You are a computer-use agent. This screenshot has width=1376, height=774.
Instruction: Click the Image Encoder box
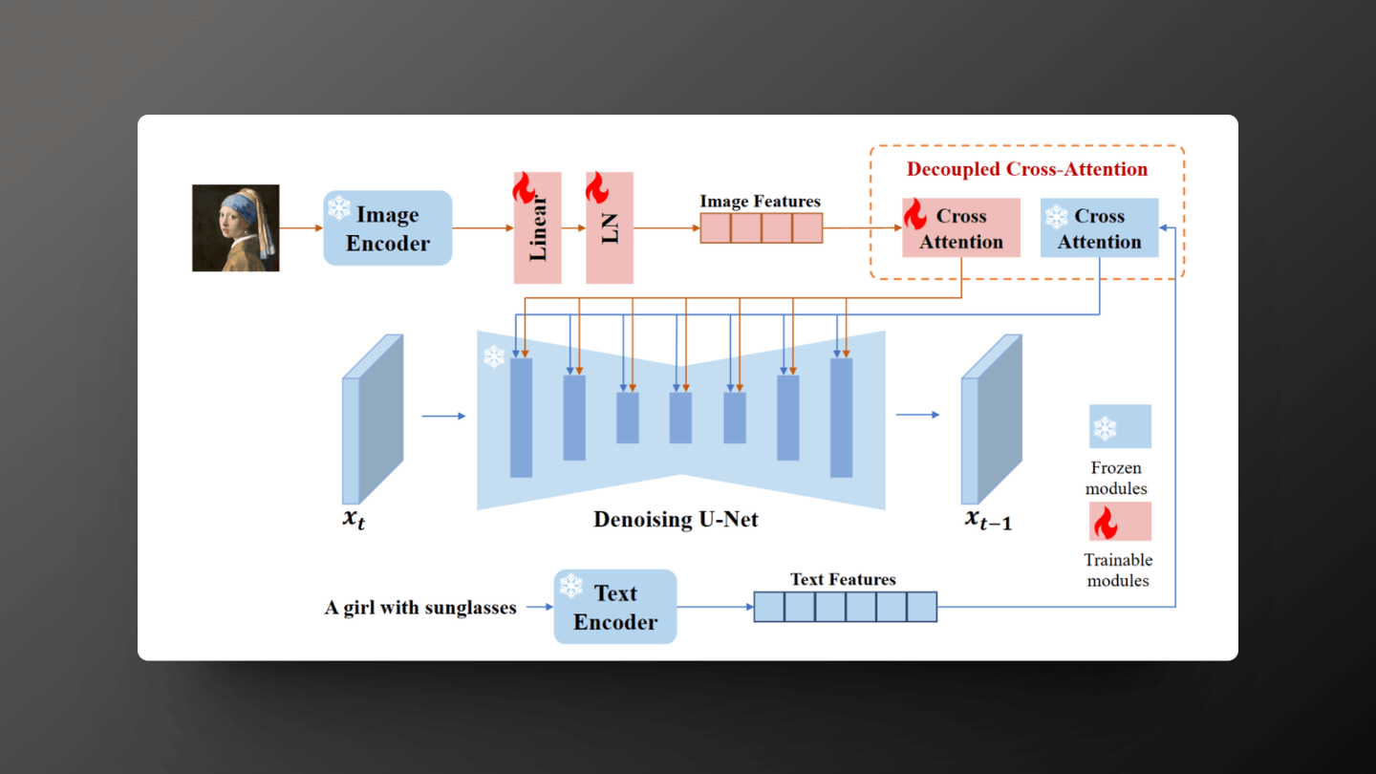[x=387, y=228]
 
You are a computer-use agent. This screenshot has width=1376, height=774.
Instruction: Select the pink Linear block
[x=538, y=228]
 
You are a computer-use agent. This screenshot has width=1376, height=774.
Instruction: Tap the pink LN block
[x=610, y=228]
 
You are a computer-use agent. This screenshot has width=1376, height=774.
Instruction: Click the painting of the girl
[x=236, y=228]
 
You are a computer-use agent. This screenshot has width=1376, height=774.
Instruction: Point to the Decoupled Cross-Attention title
[x=1027, y=170]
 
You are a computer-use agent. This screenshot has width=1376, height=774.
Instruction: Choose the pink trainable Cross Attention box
[x=961, y=228]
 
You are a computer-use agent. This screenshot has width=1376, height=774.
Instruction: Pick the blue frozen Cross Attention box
[x=1099, y=228]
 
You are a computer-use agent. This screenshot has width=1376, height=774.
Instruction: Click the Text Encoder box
[x=615, y=607]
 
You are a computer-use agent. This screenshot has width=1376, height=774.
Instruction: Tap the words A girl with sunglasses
[x=420, y=608]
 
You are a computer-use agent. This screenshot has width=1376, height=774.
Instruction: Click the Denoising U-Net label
[x=676, y=520]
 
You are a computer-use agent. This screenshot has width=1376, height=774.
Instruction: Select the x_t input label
[x=355, y=522]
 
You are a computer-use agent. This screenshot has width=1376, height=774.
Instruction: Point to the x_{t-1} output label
[x=988, y=520]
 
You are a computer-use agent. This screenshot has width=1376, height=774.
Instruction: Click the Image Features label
[x=760, y=202]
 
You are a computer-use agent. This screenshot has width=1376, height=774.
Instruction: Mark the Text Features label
[x=843, y=579]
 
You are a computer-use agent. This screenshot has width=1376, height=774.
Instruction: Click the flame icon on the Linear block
[x=524, y=188]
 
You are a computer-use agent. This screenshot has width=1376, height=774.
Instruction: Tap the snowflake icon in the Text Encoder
[x=571, y=586]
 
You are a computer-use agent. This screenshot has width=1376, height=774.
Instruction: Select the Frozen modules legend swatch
[x=1120, y=426]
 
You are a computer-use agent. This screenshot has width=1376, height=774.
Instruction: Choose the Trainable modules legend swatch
[x=1120, y=522]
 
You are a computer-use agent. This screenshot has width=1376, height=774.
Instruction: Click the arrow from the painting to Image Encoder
[x=301, y=228]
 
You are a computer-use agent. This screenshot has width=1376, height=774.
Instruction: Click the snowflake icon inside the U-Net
[x=493, y=357]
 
